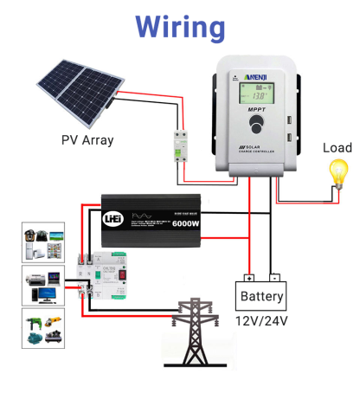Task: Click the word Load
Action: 337,147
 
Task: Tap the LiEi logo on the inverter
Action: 112,217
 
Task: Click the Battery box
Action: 261,297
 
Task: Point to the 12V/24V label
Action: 261,321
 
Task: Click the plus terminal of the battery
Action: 249,279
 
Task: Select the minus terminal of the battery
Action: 274,279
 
